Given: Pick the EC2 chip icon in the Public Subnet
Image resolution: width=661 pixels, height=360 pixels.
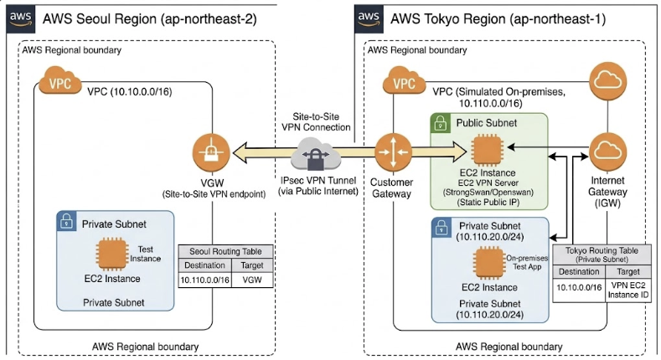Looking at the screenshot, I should pos(488,152).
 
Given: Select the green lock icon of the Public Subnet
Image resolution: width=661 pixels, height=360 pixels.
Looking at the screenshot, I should pos(440,125).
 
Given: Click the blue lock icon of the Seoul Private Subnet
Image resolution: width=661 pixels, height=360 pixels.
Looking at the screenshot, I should pos(66,222).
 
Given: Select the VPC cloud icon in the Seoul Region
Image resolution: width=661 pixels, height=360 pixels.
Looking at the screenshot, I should pos(58,85).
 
